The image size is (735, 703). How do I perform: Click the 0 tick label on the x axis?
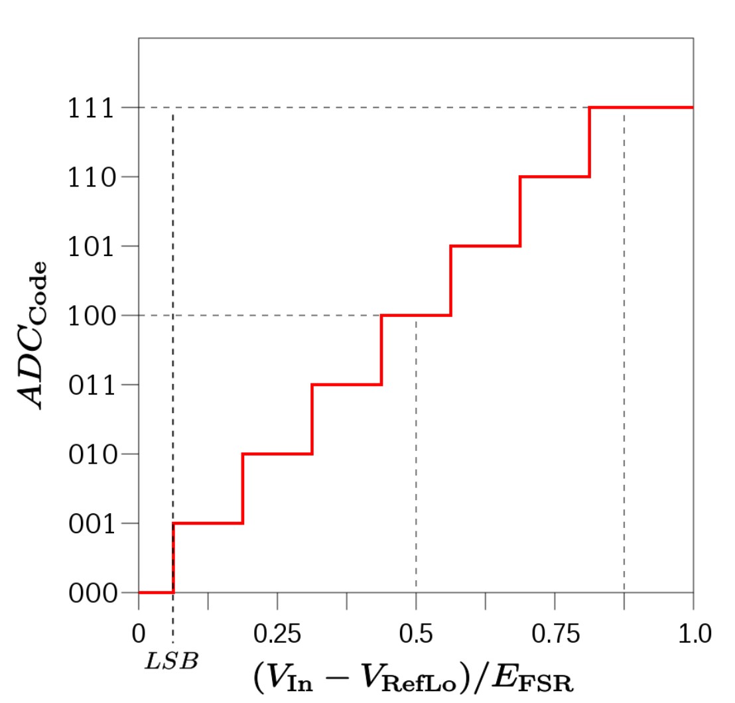[139, 634]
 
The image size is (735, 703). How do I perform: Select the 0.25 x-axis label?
[277, 634]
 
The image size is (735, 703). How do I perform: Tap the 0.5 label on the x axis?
[416, 634]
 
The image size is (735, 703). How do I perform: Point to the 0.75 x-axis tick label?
[555, 634]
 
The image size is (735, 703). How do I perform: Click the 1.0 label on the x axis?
[693, 634]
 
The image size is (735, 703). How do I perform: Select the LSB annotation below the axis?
[172, 661]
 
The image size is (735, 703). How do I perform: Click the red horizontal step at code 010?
[277, 454]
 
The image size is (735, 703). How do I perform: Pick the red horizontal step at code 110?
[555, 177]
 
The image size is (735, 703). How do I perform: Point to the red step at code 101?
[486, 247]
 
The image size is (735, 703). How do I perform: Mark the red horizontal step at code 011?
[346, 385]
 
